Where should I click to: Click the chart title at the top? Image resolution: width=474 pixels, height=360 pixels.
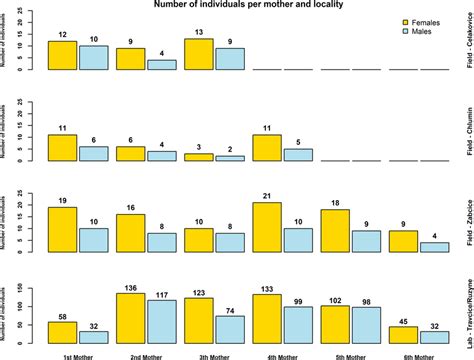pos(236,5)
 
